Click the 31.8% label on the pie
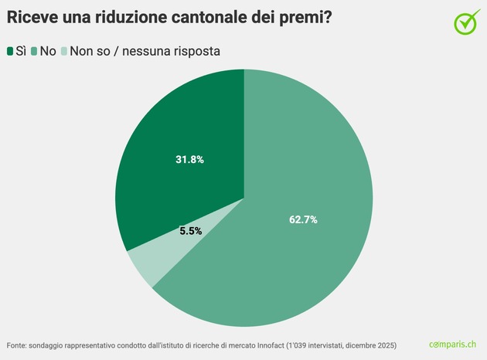pos(190,160)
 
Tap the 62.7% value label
pos(303,219)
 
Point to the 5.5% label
pos(191,230)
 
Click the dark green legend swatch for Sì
pos(11,51)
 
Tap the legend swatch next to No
pos(35,51)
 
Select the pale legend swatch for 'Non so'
pos(64,51)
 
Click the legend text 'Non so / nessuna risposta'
pos(145,51)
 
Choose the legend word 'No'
pos(48,51)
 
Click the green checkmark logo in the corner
pos(466,22)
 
